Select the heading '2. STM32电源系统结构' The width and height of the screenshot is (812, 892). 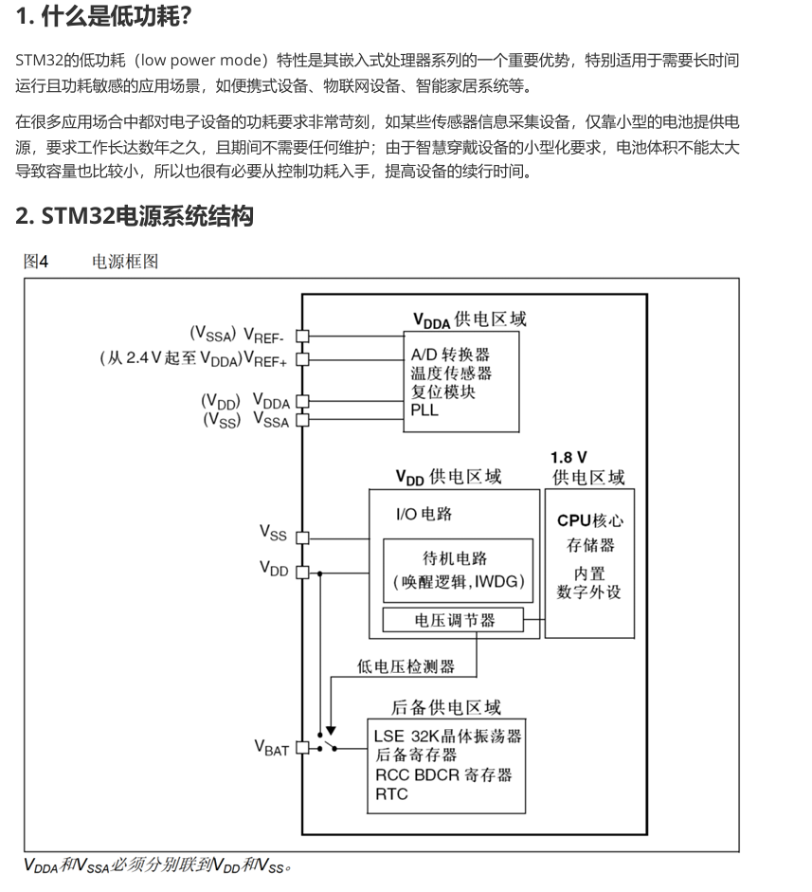(135, 215)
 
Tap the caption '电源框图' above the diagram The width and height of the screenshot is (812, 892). (125, 262)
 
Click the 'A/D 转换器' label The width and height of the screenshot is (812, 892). (450, 355)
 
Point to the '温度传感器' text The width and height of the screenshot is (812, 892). (451, 373)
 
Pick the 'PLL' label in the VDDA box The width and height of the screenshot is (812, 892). (424, 410)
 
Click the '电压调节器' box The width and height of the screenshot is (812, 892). (455, 621)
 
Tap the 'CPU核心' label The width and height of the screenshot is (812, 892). (590, 520)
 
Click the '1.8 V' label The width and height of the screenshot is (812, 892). (568, 457)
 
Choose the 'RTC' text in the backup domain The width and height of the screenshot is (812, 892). (391, 794)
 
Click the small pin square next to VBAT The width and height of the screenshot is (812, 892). (302, 747)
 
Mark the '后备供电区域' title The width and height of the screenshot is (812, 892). (446, 707)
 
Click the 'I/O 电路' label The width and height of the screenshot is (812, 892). (424, 515)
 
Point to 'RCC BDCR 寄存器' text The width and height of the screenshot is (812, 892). (443, 774)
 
